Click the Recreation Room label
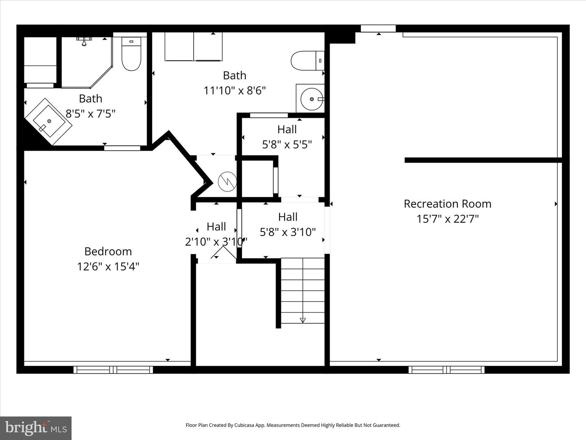447,204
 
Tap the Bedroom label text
108,251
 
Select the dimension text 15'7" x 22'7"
447,219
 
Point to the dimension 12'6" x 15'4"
108,266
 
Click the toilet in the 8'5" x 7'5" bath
131,54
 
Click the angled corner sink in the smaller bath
48,121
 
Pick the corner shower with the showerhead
85,61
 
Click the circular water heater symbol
227,182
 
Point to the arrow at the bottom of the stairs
302,320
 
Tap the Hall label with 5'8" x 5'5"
287,130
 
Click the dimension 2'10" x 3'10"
216,242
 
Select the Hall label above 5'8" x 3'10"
288,217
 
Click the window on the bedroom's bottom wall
113,370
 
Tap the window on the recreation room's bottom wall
446,370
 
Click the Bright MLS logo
36,428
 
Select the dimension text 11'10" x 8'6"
234,90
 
